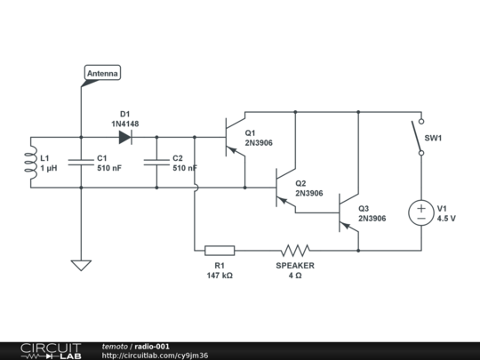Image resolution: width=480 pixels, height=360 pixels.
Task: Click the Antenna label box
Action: (102, 74)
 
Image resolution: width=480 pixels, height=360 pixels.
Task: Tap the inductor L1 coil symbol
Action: (32, 163)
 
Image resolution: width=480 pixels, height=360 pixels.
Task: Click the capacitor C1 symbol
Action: (81, 163)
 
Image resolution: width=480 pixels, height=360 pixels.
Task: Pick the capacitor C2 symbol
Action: (156, 163)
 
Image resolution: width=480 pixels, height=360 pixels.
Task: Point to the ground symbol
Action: (81, 265)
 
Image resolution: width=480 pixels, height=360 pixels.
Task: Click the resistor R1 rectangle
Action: (220, 250)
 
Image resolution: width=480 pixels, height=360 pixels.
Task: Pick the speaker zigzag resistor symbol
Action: (295, 250)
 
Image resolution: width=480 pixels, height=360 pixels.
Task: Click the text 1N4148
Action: (125, 124)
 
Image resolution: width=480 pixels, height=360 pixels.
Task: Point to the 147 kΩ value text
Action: (219, 276)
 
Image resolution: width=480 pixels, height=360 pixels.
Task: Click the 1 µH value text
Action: (48, 168)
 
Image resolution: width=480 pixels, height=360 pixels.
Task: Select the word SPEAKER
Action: (294, 266)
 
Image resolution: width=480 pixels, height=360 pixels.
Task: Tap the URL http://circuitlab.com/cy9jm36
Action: (156, 356)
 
